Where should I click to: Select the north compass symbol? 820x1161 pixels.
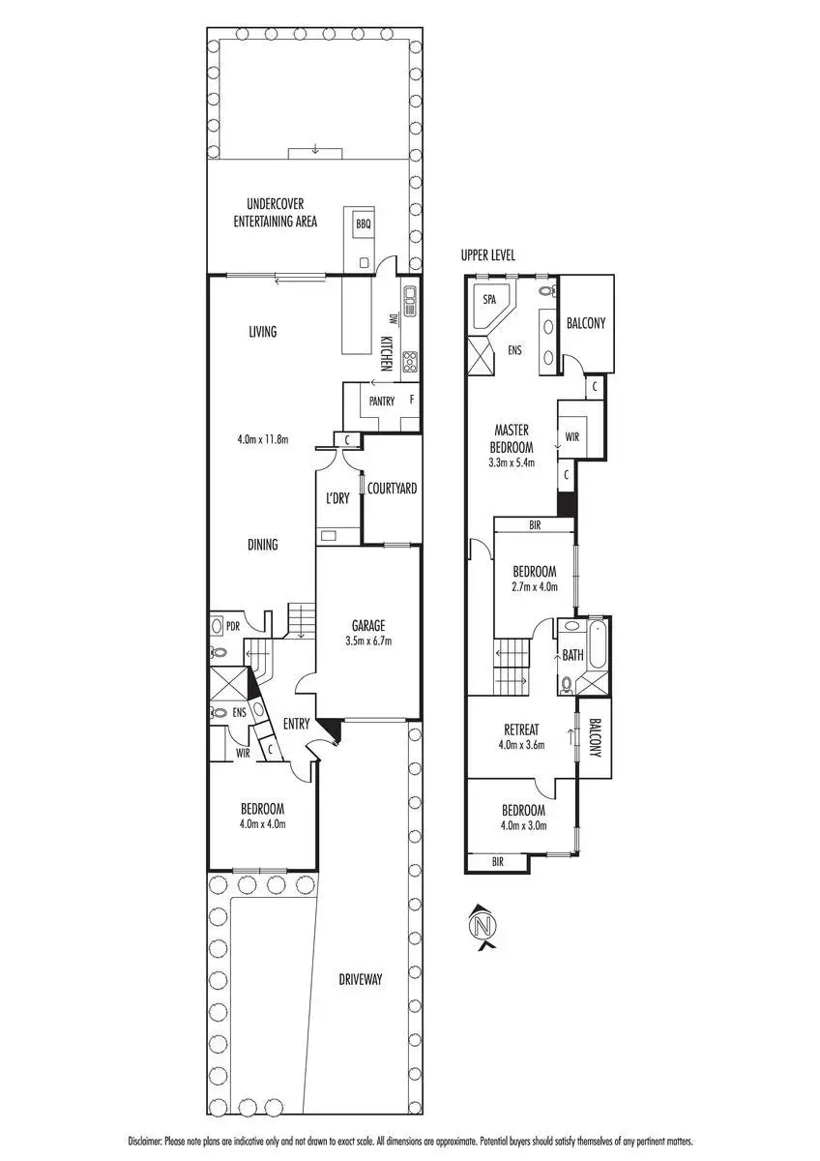point(481,926)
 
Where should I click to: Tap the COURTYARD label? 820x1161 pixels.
point(392,489)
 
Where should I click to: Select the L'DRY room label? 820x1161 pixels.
point(337,498)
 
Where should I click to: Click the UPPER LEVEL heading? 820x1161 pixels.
point(489,255)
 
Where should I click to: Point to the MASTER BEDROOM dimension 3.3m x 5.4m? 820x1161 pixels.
point(513,462)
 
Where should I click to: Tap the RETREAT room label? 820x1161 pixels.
point(520,729)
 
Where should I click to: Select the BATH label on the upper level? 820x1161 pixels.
point(573,655)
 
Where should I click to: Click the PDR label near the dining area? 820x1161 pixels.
point(233,625)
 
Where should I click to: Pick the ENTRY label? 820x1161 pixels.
point(295,724)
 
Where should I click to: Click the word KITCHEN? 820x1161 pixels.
point(385,354)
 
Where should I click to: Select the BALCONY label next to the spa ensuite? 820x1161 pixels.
point(586,323)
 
